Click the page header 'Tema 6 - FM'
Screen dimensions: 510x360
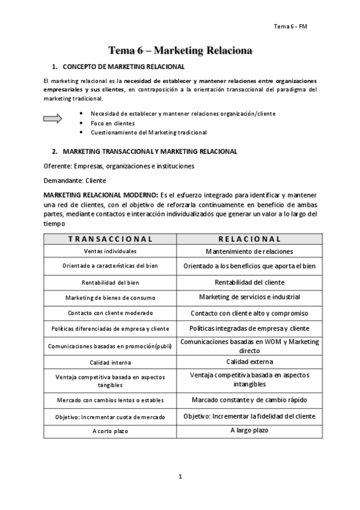[290, 26]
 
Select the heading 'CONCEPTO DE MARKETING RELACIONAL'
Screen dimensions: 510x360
[123, 67]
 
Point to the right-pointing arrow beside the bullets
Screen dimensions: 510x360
[53, 119]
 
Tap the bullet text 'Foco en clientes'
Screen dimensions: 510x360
[112, 123]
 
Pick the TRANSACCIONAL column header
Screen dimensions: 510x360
[110, 239]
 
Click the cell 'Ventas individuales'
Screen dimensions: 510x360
[110, 251]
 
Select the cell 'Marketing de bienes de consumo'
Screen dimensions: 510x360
[110, 298]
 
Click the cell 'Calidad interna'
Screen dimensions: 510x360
[110, 363]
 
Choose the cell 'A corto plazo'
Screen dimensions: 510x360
[110, 431]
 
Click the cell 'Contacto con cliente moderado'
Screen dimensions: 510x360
[110, 313]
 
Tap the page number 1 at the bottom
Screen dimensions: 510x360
[180, 477]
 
